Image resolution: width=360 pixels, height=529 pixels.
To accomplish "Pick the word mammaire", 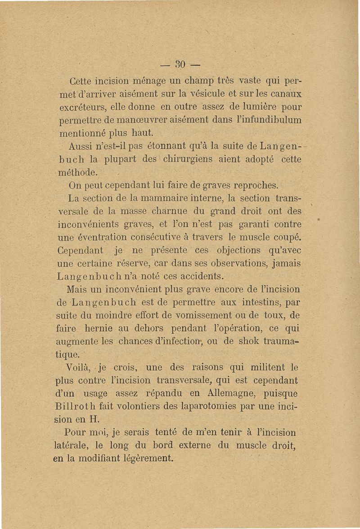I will pos(153,198).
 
